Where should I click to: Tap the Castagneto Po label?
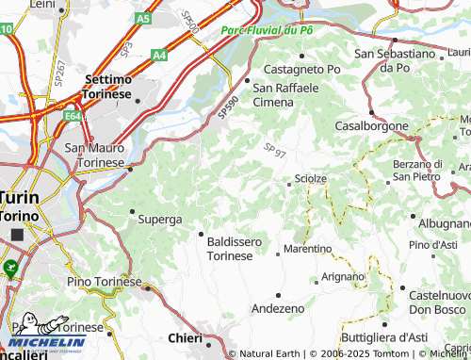tap(301, 69)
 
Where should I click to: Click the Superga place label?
tap(159, 219)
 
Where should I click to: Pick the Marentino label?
tap(308, 249)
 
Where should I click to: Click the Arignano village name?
tap(342, 276)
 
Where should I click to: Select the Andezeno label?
tap(278, 308)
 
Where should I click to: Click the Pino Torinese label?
tap(104, 281)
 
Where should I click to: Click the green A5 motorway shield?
tap(142, 18)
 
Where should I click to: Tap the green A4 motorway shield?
tap(160, 56)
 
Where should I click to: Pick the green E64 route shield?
tap(73, 117)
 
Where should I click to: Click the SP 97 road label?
tap(275, 150)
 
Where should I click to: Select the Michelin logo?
tap(47, 341)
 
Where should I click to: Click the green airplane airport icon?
tap(10, 269)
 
